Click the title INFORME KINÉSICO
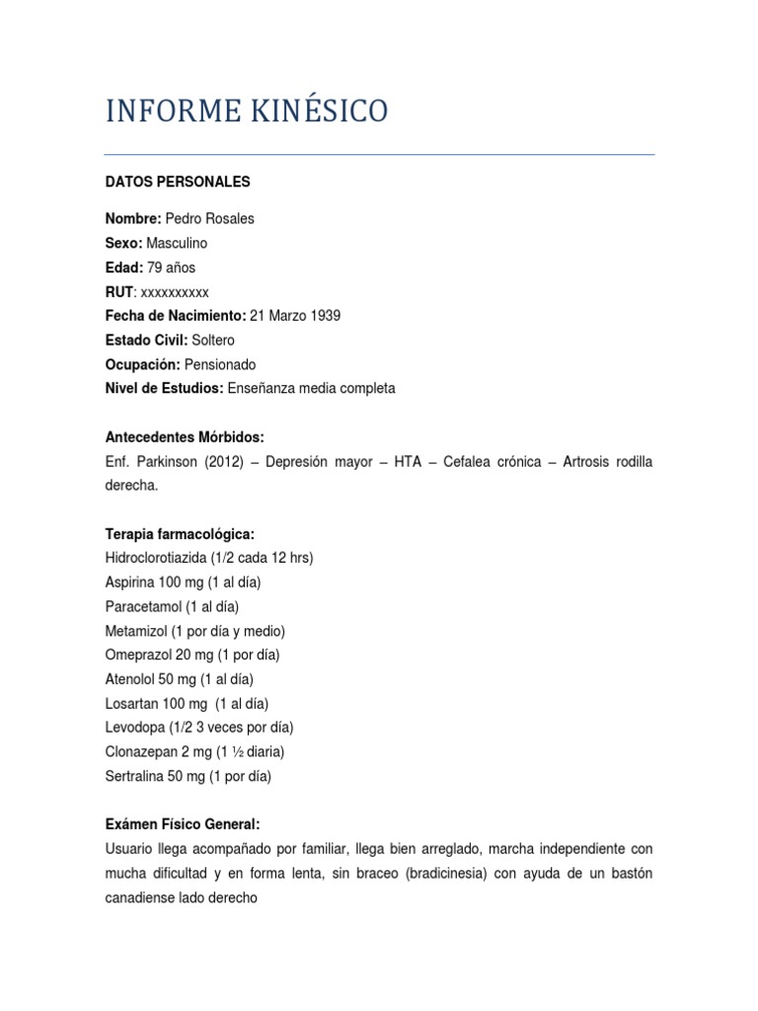pyautogui.click(x=247, y=112)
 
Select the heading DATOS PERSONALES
pyautogui.click(x=178, y=182)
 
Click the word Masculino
pyautogui.click(x=177, y=243)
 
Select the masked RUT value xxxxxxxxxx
pyautogui.click(x=176, y=291)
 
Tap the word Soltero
pyautogui.click(x=213, y=340)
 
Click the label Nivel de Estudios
pyautogui.click(x=164, y=388)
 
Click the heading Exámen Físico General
pyautogui.click(x=183, y=824)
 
